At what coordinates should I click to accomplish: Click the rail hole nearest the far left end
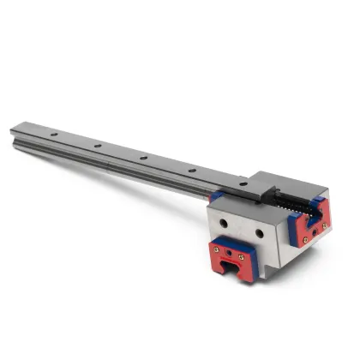point(53,135)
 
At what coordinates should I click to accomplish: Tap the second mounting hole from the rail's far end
point(97,147)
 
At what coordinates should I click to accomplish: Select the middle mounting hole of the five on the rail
point(143,158)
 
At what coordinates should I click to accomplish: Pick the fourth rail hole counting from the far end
point(191,171)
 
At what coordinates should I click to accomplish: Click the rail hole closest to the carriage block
point(243,183)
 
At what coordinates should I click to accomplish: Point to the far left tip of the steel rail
point(13,130)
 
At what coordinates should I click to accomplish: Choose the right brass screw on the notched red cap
point(241,256)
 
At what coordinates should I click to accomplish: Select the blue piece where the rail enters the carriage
point(216,197)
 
